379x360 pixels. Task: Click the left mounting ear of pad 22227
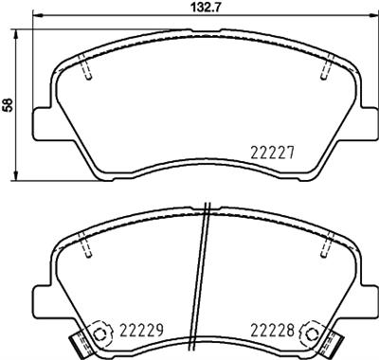click(x=42, y=122)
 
